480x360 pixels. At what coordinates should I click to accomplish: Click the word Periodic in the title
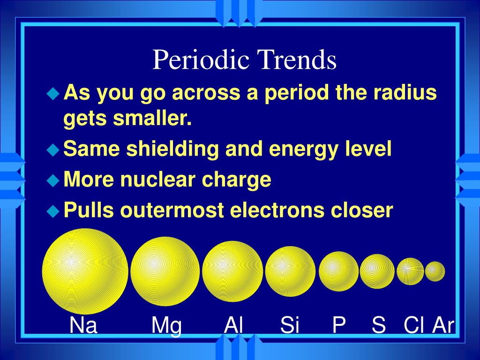(201, 59)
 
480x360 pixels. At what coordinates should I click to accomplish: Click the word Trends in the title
(297, 59)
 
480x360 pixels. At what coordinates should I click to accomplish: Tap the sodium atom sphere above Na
(85, 271)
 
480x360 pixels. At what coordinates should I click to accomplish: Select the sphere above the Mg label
(165, 271)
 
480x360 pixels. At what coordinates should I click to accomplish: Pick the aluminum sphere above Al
(232, 271)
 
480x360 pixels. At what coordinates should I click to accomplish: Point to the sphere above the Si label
(290, 271)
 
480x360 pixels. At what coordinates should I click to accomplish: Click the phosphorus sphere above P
(338, 271)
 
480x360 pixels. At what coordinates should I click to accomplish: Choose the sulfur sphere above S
(377, 271)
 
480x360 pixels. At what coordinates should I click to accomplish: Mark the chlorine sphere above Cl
(410, 271)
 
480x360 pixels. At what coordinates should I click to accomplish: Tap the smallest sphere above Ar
(435, 271)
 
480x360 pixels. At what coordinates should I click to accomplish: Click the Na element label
(83, 325)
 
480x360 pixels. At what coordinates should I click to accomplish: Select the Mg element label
(166, 326)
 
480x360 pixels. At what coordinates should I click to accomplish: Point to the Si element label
(290, 325)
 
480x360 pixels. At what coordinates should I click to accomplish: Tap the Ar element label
(443, 325)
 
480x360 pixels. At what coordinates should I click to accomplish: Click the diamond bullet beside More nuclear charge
(53, 180)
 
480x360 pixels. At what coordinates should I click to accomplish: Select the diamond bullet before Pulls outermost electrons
(53, 211)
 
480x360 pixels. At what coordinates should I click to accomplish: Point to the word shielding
(172, 149)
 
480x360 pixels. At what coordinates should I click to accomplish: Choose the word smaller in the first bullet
(152, 118)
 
